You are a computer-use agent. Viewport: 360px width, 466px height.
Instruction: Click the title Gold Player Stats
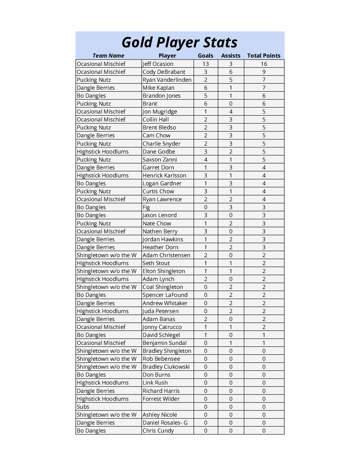[x=179, y=42]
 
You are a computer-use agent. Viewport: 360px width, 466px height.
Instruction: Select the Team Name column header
[x=108, y=56]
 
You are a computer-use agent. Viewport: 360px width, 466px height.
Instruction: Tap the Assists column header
[x=231, y=56]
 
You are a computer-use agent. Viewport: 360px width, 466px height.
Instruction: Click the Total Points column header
[x=264, y=56]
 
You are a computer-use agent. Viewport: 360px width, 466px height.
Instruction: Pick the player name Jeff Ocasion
[x=158, y=64]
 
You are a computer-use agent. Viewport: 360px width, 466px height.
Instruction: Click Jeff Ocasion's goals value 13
[x=205, y=64]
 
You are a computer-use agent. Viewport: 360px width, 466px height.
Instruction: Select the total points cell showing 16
[x=264, y=64]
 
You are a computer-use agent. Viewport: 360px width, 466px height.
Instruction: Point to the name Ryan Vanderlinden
[x=167, y=80]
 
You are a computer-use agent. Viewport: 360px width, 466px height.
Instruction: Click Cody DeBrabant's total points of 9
[x=264, y=72]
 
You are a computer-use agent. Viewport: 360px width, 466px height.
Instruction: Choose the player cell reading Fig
[x=146, y=207]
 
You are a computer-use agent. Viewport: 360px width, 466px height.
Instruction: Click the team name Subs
[x=83, y=407]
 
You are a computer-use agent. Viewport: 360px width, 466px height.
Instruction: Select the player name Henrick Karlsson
[x=164, y=175]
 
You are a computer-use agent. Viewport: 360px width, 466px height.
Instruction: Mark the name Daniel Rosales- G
[x=165, y=423]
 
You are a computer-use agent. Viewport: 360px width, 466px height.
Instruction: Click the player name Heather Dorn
[x=160, y=247]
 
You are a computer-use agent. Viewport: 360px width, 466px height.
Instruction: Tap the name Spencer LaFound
[x=165, y=295]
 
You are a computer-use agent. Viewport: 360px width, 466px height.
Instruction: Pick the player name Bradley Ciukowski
[x=166, y=367]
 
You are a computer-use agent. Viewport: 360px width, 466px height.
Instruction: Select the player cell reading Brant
[x=150, y=104]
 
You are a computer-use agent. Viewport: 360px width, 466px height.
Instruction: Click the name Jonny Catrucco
[x=162, y=327]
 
